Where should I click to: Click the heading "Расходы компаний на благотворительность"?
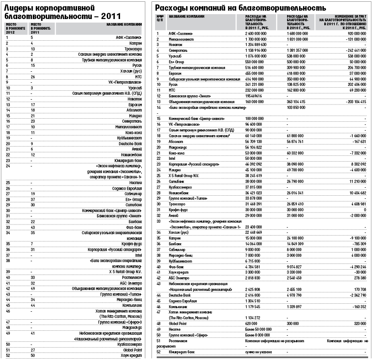[240, 8]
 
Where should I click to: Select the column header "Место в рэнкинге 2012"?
[14, 28]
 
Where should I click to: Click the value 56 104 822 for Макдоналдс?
[255, 147]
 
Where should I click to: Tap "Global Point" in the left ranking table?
[131, 349]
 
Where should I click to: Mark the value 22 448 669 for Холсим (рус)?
[255, 232]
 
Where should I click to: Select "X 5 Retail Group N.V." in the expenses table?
[185, 175]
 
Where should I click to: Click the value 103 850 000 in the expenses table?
[300, 107]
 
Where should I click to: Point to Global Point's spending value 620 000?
[252, 323]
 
